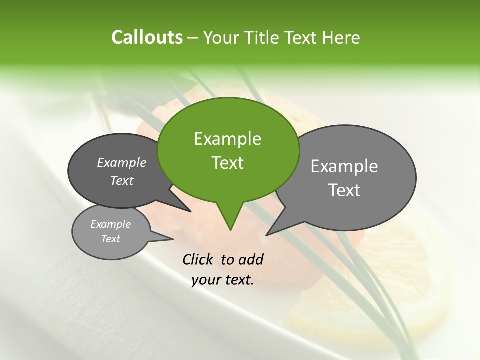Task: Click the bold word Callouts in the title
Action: pyautogui.click(x=147, y=37)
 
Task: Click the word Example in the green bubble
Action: pyautogui.click(x=227, y=139)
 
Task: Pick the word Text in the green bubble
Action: pyautogui.click(x=227, y=163)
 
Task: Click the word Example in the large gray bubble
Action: pyautogui.click(x=344, y=166)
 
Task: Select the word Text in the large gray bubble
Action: pyautogui.click(x=344, y=190)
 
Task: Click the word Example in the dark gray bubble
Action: pyautogui.click(x=121, y=162)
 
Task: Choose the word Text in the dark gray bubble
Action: pyautogui.click(x=121, y=180)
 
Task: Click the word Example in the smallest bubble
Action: pyautogui.click(x=110, y=224)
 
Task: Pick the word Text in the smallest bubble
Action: pyautogui.click(x=110, y=239)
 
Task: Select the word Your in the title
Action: pyautogui.click(x=221, y=38)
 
